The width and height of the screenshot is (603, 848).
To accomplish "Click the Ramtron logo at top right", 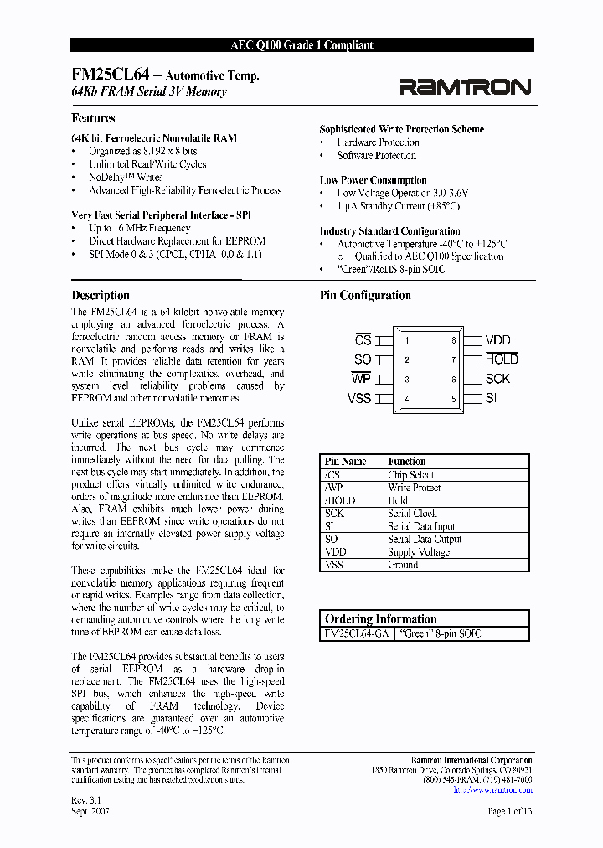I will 464,86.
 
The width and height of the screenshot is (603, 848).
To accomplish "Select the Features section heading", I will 93,119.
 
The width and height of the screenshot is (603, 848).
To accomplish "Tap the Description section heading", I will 100,295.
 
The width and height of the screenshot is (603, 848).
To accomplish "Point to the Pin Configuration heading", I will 365,295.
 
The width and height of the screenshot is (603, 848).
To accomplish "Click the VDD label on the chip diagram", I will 497,340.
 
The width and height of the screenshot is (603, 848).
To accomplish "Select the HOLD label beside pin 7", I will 502,359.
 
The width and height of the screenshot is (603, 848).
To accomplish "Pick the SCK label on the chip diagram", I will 497,379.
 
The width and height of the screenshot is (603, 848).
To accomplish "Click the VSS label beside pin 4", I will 359,398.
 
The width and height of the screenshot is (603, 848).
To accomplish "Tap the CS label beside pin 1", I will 363,340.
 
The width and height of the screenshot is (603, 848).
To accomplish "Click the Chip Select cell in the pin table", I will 410,474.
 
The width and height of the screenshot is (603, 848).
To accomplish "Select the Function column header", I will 407,462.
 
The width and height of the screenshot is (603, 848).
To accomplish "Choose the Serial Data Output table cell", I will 425,540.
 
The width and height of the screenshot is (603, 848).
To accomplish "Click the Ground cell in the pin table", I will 403,566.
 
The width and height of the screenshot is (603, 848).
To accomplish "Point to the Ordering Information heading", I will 381,619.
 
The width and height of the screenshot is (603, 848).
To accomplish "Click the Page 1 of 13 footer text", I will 509,811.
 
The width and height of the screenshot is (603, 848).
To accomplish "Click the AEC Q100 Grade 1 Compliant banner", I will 301,45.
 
